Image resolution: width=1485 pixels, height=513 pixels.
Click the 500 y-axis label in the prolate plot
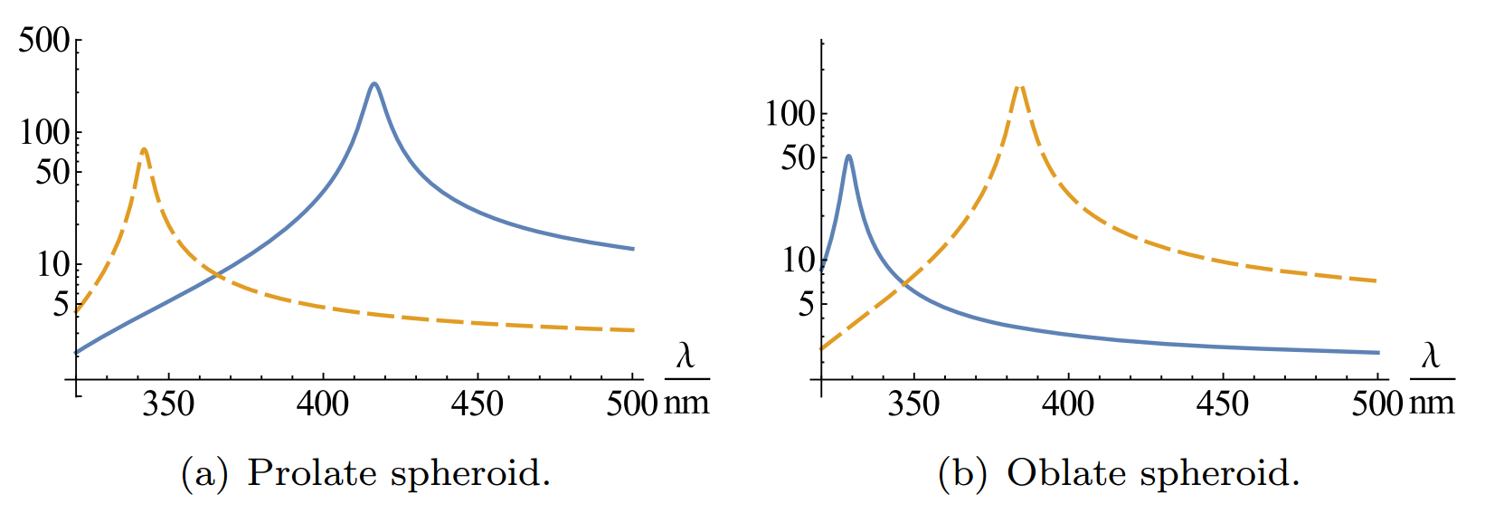(43, 40)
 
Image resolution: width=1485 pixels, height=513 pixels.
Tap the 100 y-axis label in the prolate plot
(43, 132)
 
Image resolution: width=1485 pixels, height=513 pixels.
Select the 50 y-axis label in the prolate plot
(52, 171)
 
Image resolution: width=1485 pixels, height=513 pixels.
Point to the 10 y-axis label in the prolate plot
(52, 264)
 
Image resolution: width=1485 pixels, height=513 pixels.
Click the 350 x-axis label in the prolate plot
(168, 404)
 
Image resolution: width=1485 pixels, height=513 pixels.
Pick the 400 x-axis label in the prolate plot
(323, 404)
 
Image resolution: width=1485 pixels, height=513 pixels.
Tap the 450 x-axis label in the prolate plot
(477, 404)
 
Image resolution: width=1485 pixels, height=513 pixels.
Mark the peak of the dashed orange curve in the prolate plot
(144, 149)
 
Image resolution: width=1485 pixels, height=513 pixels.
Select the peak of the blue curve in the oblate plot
(848, 157)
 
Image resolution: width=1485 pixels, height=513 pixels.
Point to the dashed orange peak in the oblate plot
(1019, 86)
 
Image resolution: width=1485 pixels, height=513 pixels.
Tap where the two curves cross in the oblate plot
(903, 286)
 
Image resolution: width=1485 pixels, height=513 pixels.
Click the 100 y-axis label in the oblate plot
(790, 114)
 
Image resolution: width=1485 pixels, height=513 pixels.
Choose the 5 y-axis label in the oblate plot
(806, 304)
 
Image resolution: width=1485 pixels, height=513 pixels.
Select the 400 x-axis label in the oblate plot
(1068, 404)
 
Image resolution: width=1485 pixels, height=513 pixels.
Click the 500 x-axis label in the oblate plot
(1376, 404)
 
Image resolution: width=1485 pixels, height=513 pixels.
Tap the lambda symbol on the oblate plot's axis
(1430, 355)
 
